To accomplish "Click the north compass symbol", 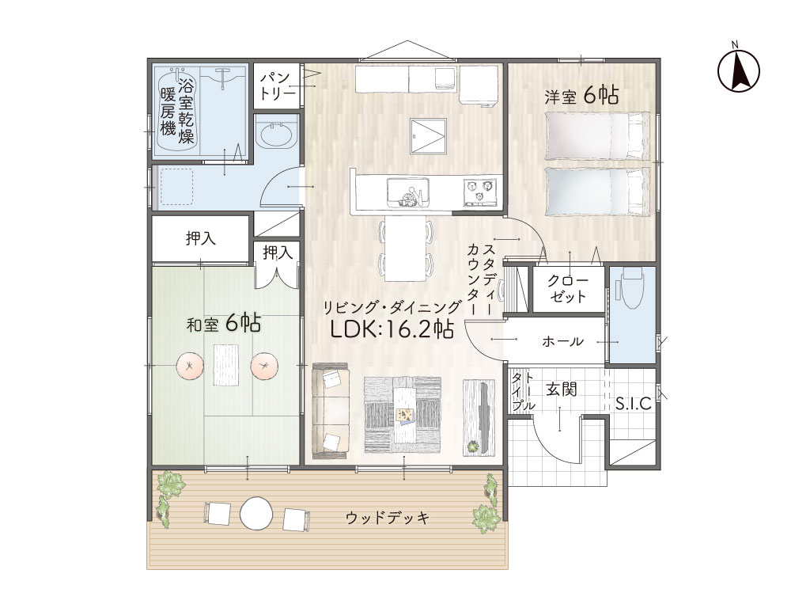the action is pos(739,70).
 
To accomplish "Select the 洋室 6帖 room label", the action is pos(581,96).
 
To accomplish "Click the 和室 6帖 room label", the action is pos(223,324).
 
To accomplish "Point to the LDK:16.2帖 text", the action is pos(392,329).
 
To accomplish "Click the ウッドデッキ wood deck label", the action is pos(388,518).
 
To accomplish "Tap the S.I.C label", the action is pos(634,404).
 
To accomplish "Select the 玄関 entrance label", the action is pos(562,389).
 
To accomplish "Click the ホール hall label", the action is pos(562,341).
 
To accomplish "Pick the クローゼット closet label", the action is pos(568,289).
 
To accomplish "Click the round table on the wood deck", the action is pos(255,513).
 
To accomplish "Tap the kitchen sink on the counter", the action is pos(407,192).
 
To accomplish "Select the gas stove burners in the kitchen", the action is pos(483,192).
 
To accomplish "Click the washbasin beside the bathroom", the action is pos(278,135).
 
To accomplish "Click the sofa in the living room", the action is pos(331,411).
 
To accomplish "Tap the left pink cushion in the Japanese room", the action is pos(190,366).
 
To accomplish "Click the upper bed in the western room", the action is pos(597,136).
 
